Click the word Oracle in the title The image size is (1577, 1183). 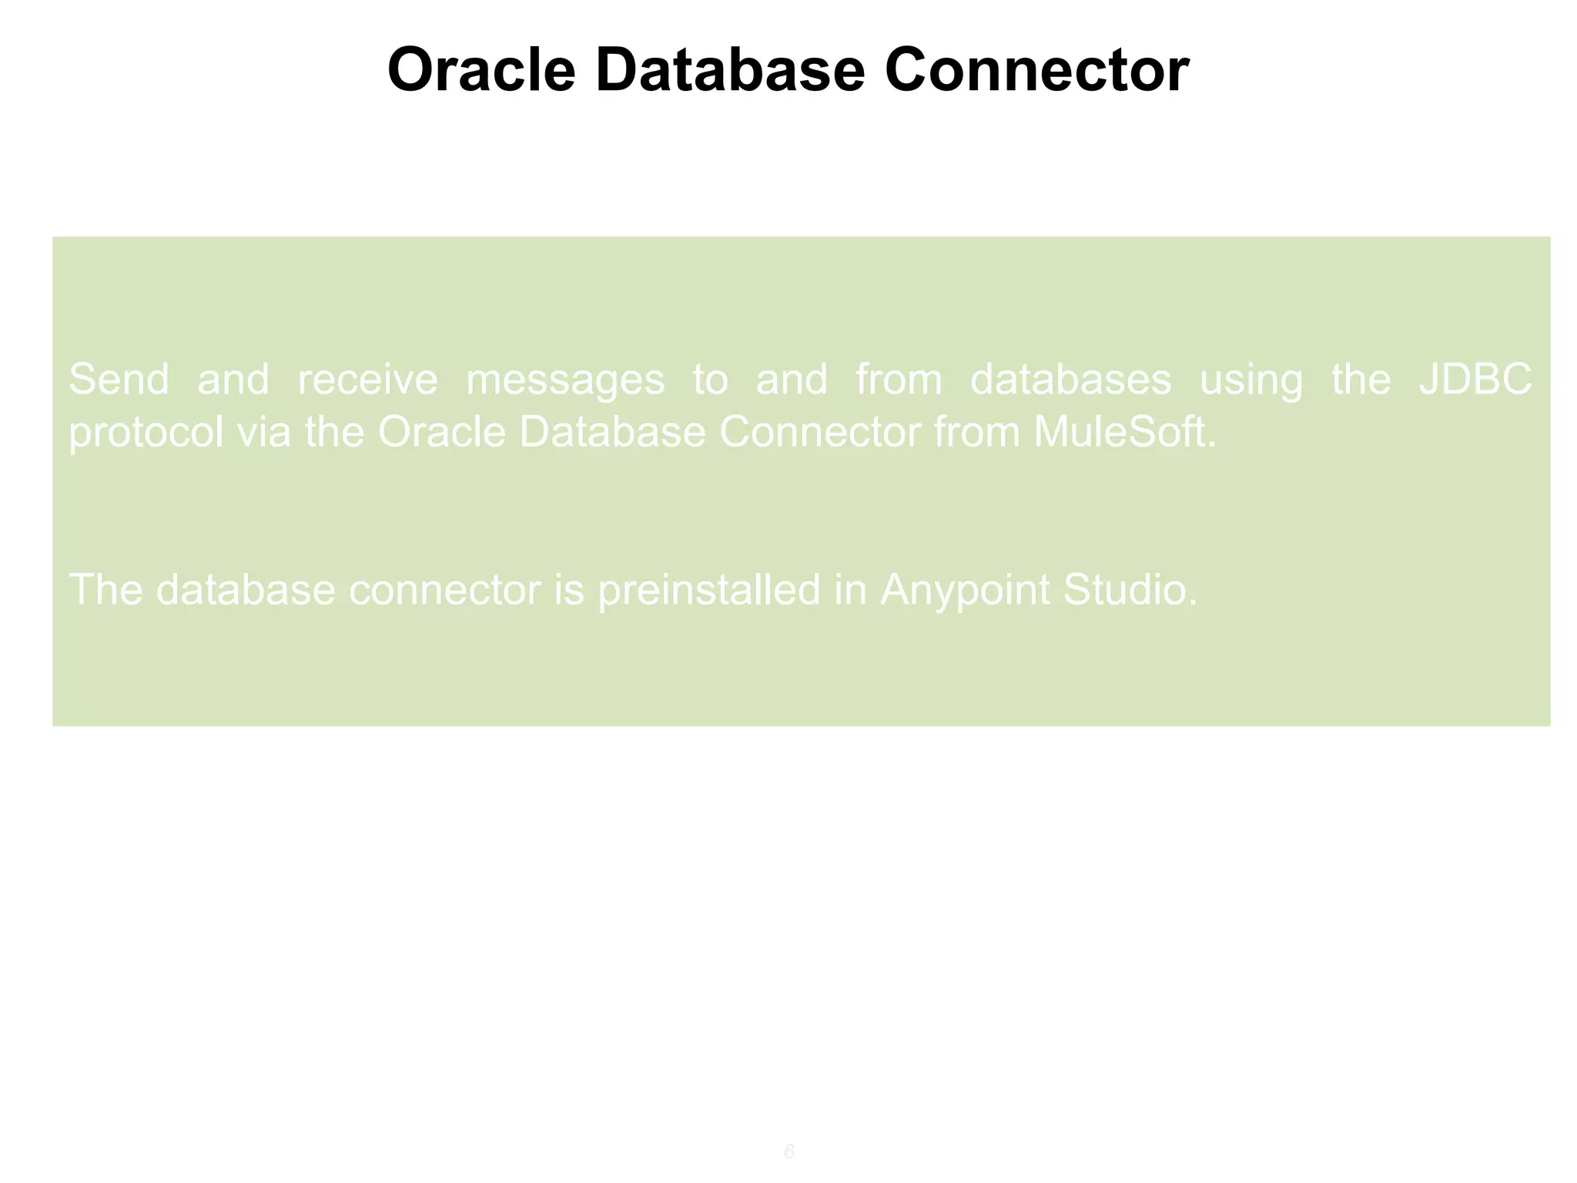click(x=481, y=70)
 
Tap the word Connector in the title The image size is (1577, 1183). click(x=1036, y=70)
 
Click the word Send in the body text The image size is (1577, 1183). click(x=119, y=379)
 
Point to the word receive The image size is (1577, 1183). click(x=367, y=379)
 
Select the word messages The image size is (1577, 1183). click(x=565, y=380)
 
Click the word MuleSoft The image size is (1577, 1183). click(x=1124, y=431)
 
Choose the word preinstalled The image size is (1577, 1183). click(x=708, y=590)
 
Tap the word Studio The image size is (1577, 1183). click(x=1130, y=590)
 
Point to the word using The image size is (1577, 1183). click(x=1251, y=380)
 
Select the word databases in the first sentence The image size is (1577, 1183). click(x=1070, y=379)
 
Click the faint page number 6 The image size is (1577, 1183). click(x=788, y=1152)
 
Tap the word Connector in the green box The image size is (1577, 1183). click(x=819, y=431)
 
